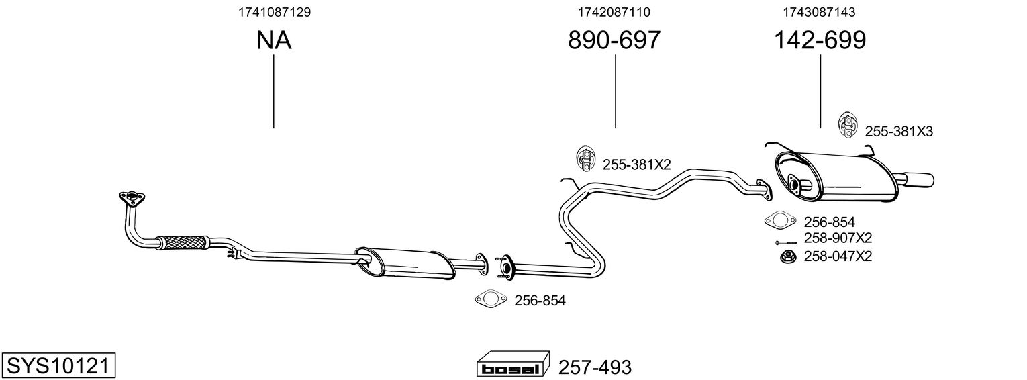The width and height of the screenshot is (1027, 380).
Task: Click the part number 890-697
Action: click(614, 40)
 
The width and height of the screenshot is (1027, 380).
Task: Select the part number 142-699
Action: click(820, 40)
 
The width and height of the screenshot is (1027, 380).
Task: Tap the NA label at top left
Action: click(274, 40)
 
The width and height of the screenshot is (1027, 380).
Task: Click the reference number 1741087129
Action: click(274, 12)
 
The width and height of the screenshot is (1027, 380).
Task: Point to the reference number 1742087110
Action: click(614, 12)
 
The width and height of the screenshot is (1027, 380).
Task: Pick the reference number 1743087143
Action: click(820, 12)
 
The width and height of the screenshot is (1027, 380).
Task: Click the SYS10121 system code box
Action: click(59, 366)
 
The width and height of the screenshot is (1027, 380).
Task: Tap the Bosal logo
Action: click(513, 366)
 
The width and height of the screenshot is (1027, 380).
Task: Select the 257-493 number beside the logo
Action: click(595, 367)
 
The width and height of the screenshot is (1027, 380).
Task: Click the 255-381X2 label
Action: click(636, 164)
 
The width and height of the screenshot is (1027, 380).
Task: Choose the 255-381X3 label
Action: click(898, 132)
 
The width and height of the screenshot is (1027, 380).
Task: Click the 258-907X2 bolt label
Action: click(838, 238)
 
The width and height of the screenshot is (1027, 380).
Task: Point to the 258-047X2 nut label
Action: click(838, 256)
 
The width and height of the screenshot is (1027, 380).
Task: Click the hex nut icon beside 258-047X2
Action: click(787, 256)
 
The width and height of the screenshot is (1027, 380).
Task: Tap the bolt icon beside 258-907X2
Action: click(785, 242)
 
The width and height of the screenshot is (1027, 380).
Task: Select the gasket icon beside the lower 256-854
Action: click(490, 299)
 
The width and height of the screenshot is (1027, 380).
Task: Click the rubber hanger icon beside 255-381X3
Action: click(848, 125)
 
